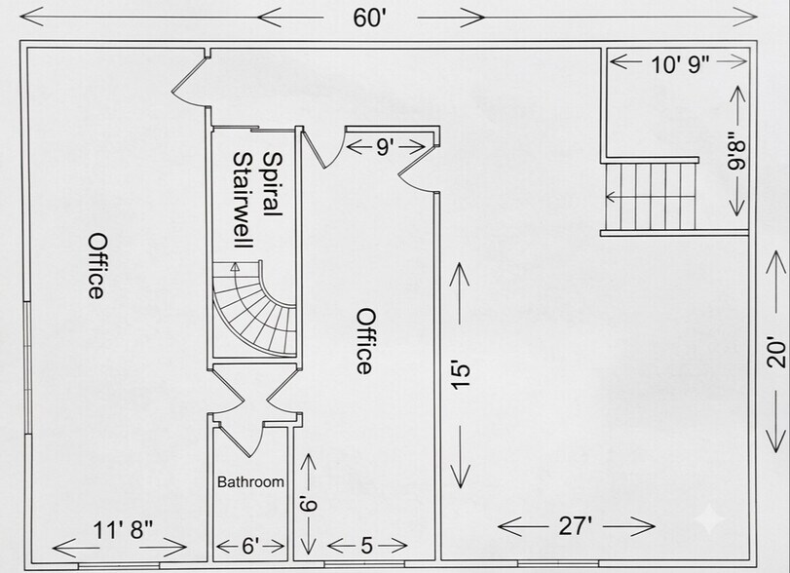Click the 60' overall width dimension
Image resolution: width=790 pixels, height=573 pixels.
(x=369, y=19)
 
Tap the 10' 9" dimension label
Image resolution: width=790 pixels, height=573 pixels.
(x=680, y=64)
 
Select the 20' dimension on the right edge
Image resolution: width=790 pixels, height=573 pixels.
(x=776, y=354)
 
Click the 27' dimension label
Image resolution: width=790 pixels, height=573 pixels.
(x=576, y=526)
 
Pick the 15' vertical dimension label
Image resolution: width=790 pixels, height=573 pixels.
(x=461, y=374)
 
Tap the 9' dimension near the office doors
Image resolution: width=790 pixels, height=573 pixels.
(x=384, y=147)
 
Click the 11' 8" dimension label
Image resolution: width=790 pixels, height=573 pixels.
(x=123, y=530)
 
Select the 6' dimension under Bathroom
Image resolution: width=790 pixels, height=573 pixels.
(x=250, y=546)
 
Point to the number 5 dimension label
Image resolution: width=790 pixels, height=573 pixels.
(x=366, y=546)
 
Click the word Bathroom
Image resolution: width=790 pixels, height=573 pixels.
(x=250, y=482)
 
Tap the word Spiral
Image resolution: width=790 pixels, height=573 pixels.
(x=273, y=184)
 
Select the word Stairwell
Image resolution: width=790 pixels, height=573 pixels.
(x=243, y=200)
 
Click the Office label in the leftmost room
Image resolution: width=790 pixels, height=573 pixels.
(x=96, y=266)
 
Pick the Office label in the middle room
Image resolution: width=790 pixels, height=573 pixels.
(x=366, y=341)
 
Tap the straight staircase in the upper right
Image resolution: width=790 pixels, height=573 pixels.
(x=650, y=197)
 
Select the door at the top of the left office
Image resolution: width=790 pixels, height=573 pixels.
(x=191, y=82)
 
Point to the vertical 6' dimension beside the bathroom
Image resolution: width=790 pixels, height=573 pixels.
(x=308, y=504)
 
